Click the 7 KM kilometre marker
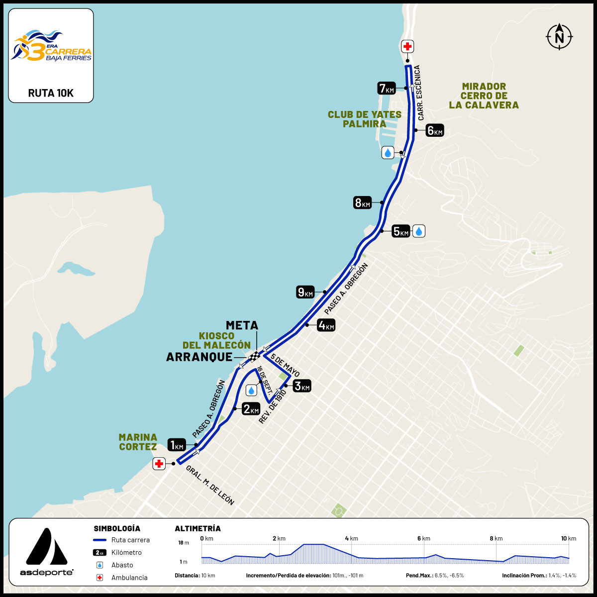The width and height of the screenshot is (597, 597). tap(387, 89)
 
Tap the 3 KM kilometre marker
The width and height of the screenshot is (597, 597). tap(301, 386)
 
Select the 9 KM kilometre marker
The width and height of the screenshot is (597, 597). tap(305, 292)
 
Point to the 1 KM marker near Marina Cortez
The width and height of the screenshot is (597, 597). tap(177, 445)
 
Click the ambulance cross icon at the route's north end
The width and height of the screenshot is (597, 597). tap(407, 47)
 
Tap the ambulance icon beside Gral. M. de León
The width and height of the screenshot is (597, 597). tap(159, 464)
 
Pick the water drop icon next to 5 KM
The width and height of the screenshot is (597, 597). tap(419, 231)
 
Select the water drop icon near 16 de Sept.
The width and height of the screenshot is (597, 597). tap(251, 390)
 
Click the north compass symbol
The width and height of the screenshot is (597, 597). tap(559, 36)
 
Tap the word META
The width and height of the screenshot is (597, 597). tap(242, 325)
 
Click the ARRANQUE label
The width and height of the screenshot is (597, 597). tap(199, 357)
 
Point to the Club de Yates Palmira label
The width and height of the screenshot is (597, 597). tap(364, 119)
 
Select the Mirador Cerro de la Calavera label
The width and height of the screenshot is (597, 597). tap(484, 96)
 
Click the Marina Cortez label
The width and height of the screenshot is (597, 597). tap(138, 442)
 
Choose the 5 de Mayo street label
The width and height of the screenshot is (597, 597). tap(285, 367)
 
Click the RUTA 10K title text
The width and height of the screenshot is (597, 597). tap(51, 93)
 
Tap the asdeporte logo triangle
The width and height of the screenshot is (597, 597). tap(46, 547)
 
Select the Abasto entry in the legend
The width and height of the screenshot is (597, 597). tap(122, 565)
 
